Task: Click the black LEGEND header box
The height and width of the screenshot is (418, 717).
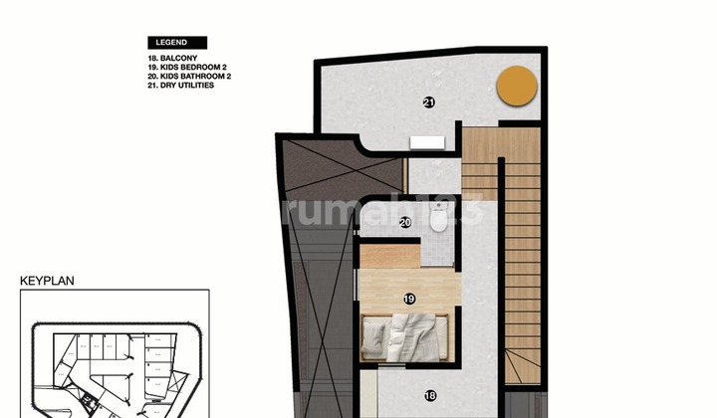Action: pyautogui.click(x=177, y=43)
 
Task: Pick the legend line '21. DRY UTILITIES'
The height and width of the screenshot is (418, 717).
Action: pyautogui.click(x=180, y=86)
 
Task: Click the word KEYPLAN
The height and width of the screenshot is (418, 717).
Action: pyautogui.click(x=47, y=282)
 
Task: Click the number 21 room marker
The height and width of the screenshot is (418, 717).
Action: pyautogui.click(x=428, y=102)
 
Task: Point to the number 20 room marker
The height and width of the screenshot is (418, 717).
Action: pyautogui.click(x=405, y=223)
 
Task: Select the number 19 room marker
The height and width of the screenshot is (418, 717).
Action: pyautogui.click(x=409, y=298)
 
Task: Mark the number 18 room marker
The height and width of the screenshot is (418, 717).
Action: pyautogui.click(x=430, y=395)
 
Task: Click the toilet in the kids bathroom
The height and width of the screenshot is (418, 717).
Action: pyautogui.click(x=440, y=225)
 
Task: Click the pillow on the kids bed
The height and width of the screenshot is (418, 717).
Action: pyautogui.click(x=373, y=335)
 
